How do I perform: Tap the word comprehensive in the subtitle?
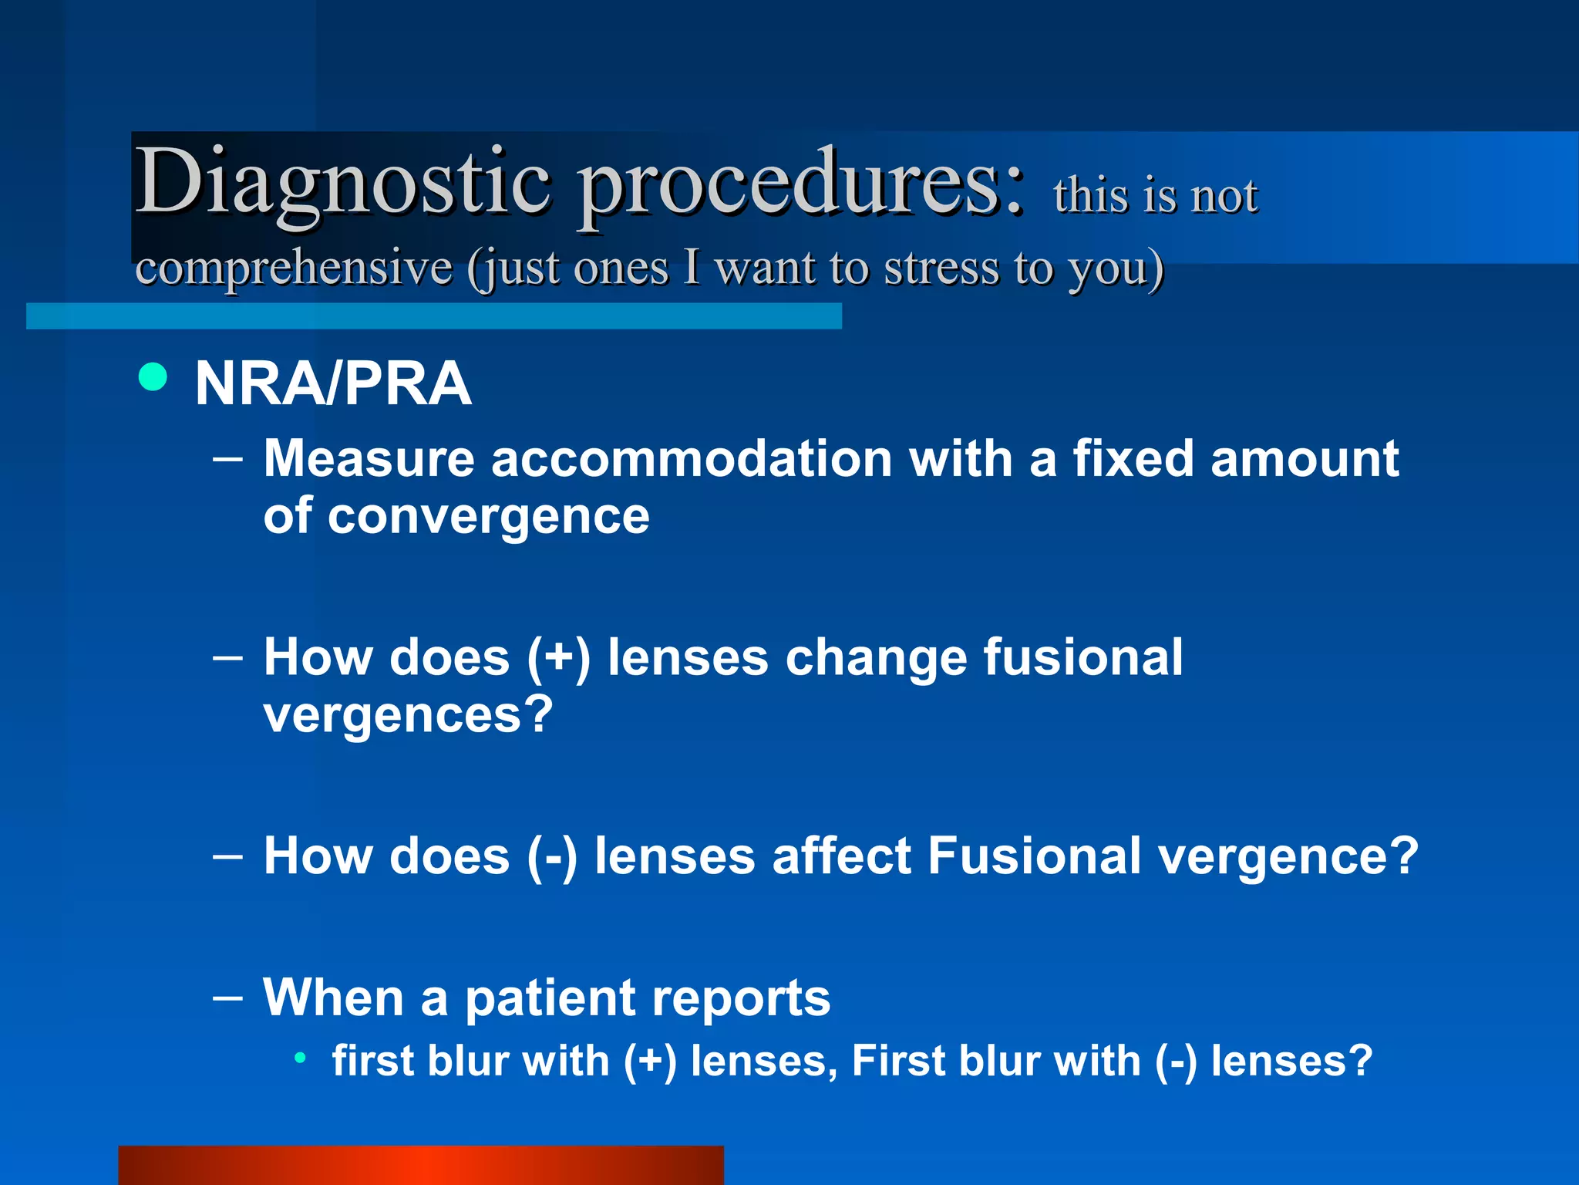tap(294, 268)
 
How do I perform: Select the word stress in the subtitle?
tap(941, 268)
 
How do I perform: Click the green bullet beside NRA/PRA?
tap(153, 377)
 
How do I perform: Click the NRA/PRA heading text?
tap(333, 383)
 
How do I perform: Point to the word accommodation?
tap(692, 459)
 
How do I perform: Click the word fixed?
tap(1134, 459)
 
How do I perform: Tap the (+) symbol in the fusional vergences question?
tap(559, 658)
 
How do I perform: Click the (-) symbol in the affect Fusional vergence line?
tap(552, 856)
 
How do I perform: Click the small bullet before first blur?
tap(301, 1058)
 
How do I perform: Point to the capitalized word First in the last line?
tap(897, 1061)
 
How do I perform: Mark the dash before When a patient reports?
tap(227, 997)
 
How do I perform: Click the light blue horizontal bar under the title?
tap(433, 316)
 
